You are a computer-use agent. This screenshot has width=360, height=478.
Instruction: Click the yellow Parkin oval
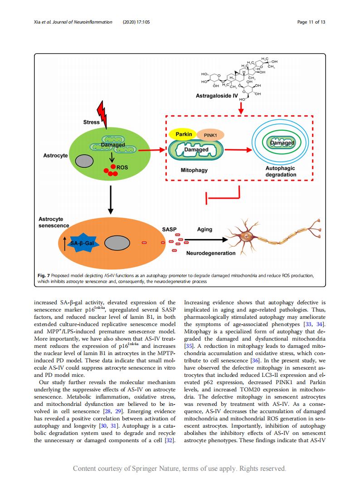[184, 134]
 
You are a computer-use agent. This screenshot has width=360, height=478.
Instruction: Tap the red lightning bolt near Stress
[102, 114]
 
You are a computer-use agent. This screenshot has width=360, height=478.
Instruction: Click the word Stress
[91, 122]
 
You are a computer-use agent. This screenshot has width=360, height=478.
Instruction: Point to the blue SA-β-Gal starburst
[82, 243]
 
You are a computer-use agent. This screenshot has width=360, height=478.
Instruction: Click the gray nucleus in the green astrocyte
[84, 161]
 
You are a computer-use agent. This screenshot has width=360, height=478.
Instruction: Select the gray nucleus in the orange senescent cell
[117, 243]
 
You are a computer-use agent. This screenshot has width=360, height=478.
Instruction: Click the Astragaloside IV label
[217, 96]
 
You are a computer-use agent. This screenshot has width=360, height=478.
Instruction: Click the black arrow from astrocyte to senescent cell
[111, 200]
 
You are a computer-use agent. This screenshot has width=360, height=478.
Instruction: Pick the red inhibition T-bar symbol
[223, 195]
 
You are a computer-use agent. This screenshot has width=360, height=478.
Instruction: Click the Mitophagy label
[194, 170]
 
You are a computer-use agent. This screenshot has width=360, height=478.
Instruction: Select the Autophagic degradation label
[281, 171]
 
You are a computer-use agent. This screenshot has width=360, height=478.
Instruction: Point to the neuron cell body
[246, 236]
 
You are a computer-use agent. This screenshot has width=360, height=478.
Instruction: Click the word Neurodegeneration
[211, 253]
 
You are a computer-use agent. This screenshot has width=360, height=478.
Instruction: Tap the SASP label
[169, 229]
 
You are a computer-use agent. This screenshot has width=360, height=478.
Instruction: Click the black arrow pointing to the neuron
[206, 240]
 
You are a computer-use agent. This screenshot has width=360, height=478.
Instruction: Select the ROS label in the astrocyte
[122, 167]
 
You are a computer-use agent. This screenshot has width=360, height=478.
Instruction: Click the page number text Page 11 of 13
[311, 22]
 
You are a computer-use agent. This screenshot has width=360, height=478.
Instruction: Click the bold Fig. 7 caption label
[44, 276]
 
